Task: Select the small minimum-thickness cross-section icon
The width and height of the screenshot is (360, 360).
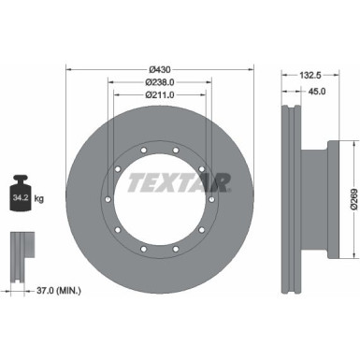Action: coord(22,249)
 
